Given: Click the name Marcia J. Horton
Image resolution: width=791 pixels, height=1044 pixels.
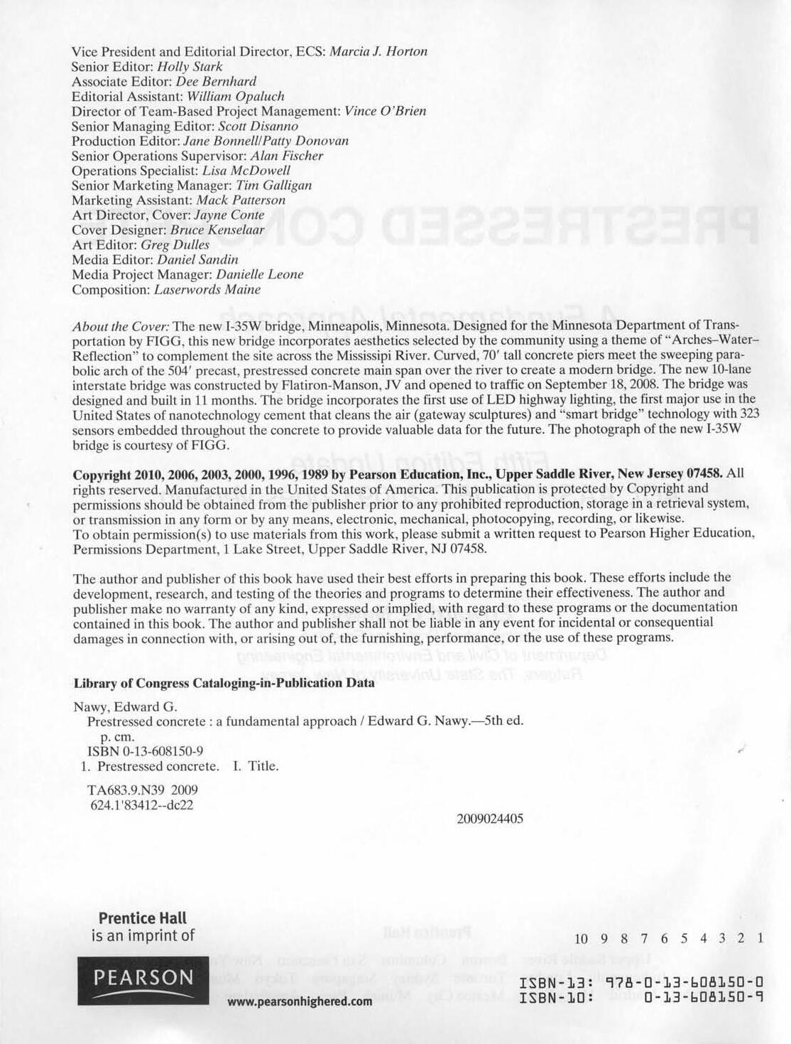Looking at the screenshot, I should point(378,52).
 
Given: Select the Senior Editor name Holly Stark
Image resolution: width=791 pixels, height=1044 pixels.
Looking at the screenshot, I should point(190,67).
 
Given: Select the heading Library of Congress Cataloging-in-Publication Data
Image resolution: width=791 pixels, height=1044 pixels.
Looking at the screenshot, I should point(224,684).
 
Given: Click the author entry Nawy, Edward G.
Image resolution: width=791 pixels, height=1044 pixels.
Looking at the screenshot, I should point(125,707).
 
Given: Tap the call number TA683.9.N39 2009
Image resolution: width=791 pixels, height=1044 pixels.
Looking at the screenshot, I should point(142,790).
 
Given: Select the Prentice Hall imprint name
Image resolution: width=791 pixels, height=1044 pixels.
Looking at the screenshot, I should point(143,918).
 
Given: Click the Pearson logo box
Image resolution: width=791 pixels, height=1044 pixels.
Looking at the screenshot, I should point(143,980).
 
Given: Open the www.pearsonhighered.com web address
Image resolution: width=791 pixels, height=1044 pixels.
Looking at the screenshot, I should point(300,1001).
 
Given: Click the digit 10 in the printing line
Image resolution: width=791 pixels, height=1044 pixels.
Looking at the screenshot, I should point(582,939).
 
